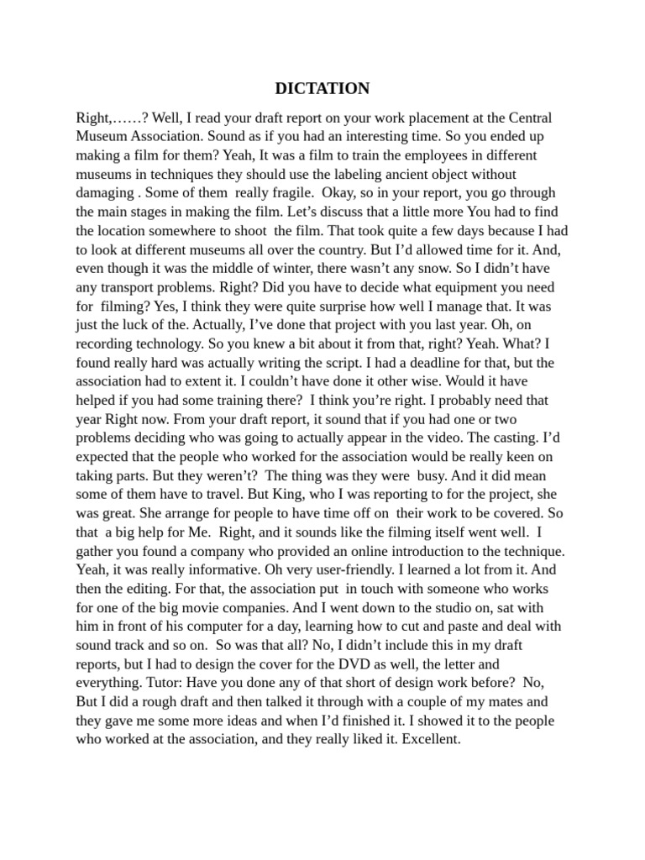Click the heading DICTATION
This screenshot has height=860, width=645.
click(x=322, y=88)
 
